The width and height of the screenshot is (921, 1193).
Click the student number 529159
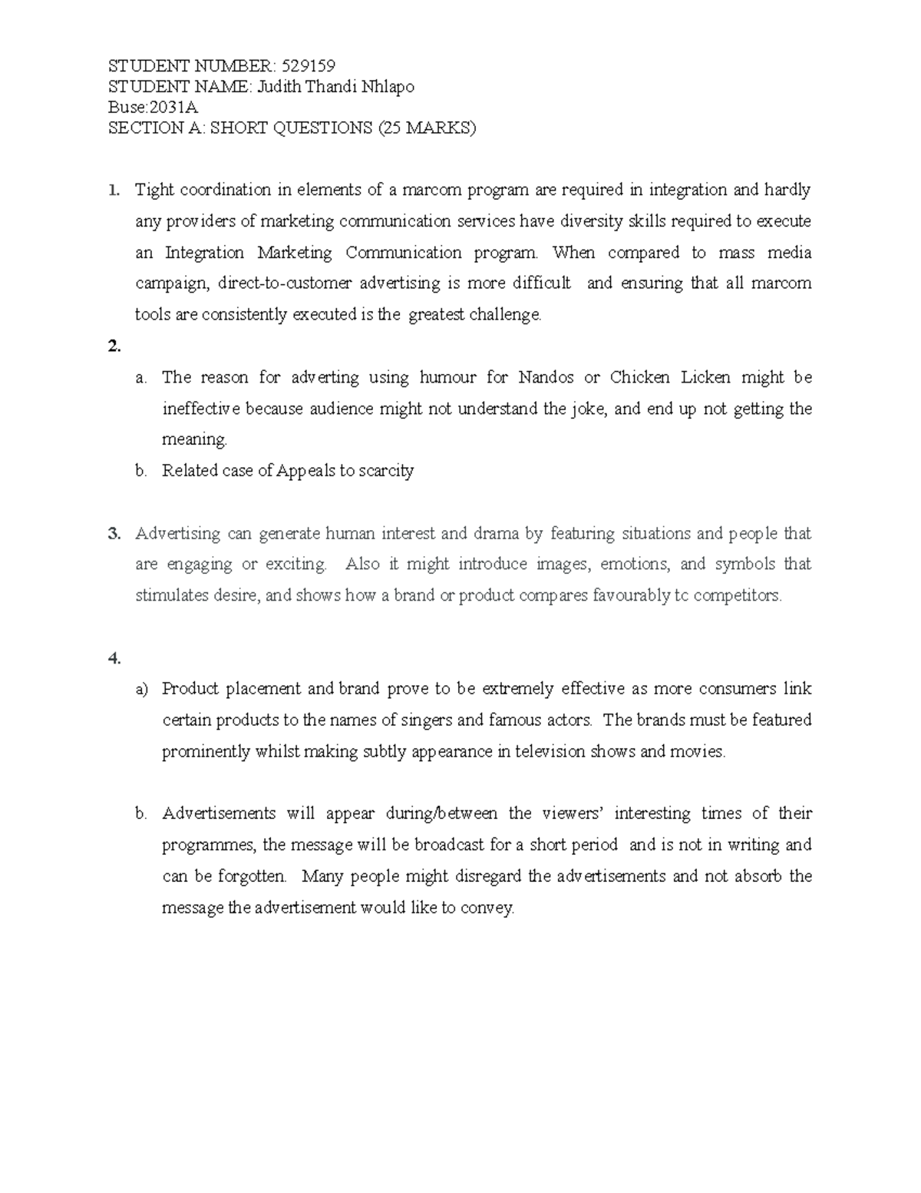pos(309,65)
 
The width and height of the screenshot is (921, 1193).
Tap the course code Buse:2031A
pos(153,107)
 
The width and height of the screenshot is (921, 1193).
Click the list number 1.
pos(114,190)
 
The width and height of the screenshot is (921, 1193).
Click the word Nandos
pos(546,377)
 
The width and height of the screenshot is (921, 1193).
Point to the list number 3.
pos(114,533)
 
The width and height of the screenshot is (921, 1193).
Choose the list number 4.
pos(114,658)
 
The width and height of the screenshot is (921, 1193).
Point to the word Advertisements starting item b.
pos(219,814)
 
